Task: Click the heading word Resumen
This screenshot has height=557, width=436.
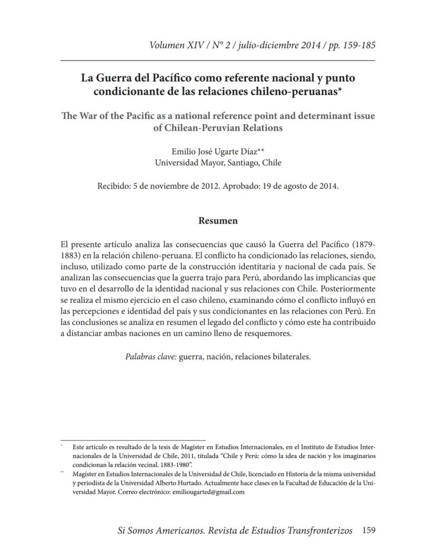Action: point(217,221)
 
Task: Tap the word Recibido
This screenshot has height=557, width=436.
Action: point(113,186)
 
